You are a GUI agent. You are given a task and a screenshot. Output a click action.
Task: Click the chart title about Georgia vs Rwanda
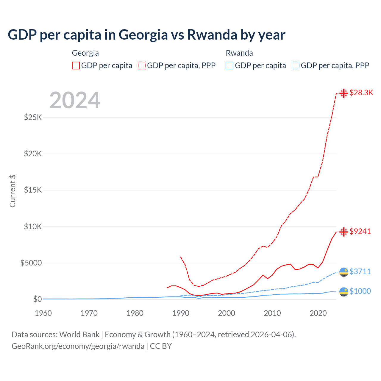tap(146, 35)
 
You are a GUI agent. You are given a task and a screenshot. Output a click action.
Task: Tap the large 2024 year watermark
tap(75, 101)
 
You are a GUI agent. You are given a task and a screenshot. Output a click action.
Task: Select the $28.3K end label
tap(361, 93)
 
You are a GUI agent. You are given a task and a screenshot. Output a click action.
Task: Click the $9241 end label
tap(360, 231)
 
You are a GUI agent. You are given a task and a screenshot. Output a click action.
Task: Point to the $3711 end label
tap(360, 271)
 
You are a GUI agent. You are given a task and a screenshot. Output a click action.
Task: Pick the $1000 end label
tap(360, 291)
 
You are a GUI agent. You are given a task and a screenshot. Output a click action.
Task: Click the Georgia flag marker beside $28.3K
tap(344, 93)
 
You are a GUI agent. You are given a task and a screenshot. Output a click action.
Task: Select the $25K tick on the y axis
tap(33, 117)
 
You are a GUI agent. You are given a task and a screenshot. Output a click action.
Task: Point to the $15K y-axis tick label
tap(33, 190)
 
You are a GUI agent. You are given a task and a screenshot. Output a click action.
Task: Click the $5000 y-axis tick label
tap(31, 263)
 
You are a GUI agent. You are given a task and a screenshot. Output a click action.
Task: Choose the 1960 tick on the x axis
tap(43, 313)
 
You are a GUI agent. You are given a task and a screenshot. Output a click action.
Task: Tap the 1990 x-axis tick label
tap(181, 313)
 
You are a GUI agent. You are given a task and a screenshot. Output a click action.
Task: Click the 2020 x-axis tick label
tap(318, 313)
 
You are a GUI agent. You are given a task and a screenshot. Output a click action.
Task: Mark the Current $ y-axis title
tap(13, 191)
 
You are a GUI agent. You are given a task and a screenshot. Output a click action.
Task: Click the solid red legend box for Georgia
tap(76, 65)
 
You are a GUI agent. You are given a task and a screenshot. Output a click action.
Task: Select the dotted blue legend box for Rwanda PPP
tap(296, 65)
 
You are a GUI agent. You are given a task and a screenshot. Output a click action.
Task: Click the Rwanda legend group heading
tap(239, 53)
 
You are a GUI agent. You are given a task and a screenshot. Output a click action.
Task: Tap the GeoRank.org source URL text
tap(78, 346)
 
